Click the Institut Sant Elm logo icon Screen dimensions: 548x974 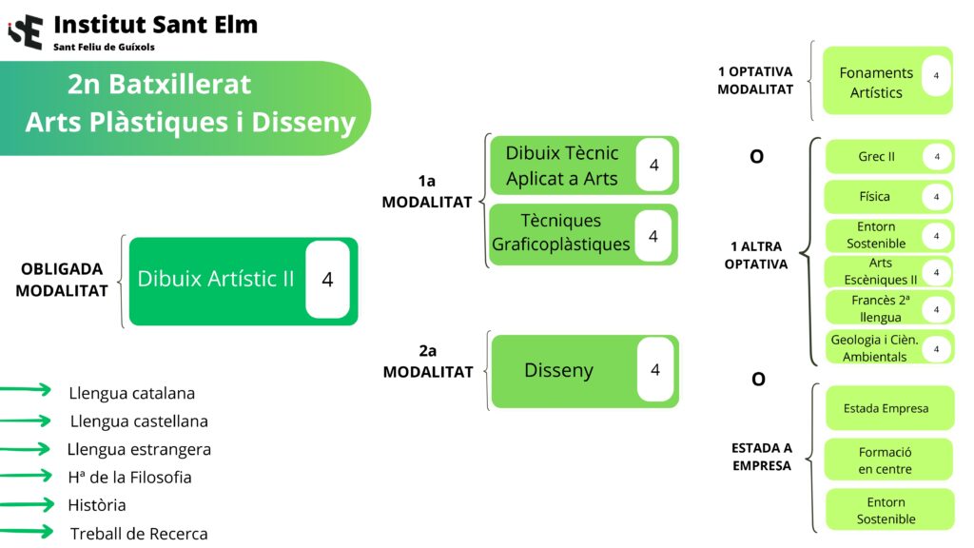pos(26,31)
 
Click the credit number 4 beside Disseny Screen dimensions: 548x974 pos(654,370)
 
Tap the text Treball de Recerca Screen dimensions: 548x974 pos(138,534)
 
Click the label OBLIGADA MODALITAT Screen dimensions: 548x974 pos(62,281)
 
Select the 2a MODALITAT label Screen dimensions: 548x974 pos(427,362)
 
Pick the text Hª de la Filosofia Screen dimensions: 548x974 pos(130,477)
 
